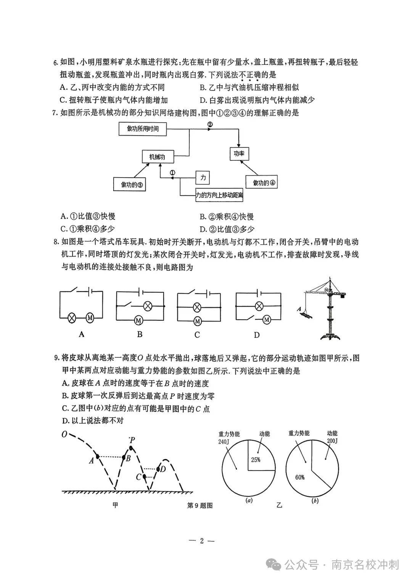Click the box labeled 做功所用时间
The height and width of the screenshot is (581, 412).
[143, 129]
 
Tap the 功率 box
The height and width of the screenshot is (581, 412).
[239, 154]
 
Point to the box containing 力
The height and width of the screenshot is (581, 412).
[203, 177]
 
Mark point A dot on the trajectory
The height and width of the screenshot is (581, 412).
[98, 456]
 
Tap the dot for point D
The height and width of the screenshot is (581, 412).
[158, 469]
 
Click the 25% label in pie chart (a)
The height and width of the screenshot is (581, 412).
[255, 459]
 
